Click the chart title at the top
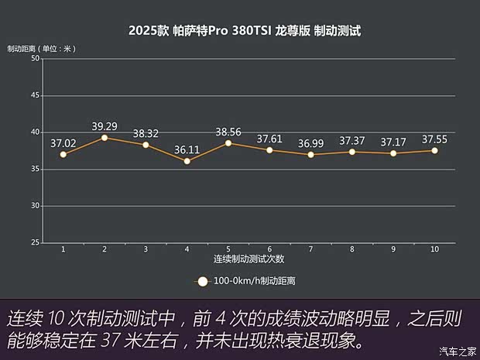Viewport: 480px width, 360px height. [245, 32]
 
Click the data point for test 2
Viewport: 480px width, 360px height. [105, 138]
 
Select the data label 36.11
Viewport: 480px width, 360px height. [187, 149]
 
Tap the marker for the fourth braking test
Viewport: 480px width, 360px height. [187, 161]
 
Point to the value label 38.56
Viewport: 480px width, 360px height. [228, 131]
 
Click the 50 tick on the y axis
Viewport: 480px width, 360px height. [36, 59]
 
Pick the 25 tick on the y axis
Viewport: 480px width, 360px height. [36, 242]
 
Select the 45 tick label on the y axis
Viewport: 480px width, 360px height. [36, 95]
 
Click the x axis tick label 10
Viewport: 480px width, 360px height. [434, 249]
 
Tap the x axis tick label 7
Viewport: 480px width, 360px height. [310, 249]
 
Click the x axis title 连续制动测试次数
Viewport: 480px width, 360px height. [249, 259]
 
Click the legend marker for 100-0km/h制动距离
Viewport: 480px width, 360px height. [203, 282]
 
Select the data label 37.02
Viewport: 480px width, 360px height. [63, 142]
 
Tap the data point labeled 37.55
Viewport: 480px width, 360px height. [434, 150]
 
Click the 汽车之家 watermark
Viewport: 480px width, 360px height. [455, 351]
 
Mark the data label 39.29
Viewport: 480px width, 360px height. [105, 125]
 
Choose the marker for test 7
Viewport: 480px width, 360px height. [310, 154]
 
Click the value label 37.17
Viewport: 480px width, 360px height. [393, 142]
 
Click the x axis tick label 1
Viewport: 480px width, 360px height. [63, 249]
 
